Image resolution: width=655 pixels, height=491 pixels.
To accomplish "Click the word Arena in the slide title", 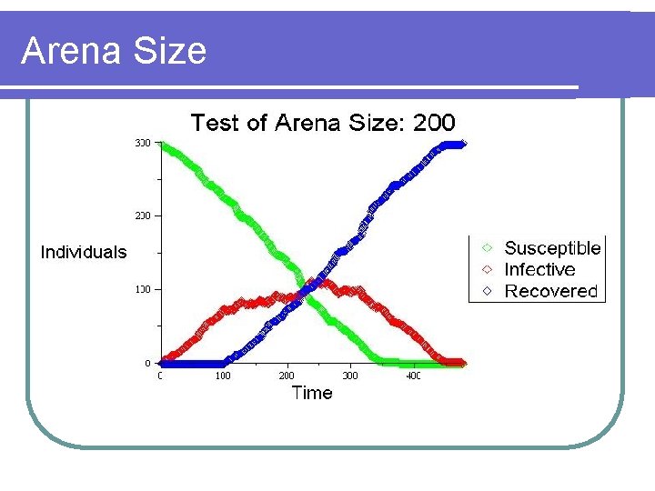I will click(x=73, y=51).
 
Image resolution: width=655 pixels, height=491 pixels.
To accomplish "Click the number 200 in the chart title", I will click(x=434, y=123).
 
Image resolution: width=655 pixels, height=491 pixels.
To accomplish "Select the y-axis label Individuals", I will click(x=84, y=253).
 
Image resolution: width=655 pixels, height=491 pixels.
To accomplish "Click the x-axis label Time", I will click(x=311, y=393).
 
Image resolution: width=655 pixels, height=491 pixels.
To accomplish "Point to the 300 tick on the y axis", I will click(x=143, y=143).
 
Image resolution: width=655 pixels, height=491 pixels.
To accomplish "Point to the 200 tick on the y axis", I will click(x=143, y=216).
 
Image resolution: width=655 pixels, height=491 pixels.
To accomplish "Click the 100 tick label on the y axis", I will click(x=143, y=289).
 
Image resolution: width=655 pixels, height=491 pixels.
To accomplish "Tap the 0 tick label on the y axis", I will click(x=148, y=363).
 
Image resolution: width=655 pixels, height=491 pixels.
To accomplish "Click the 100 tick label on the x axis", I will click(x=222, y=376).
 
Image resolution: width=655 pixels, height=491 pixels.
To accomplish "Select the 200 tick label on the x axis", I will click(x=286, y=376).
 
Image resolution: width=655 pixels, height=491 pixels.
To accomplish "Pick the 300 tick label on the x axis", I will click(x=349, y=376).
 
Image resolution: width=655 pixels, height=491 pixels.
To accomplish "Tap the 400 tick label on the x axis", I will click(x=412, y=376).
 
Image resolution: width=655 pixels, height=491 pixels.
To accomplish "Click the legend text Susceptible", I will click(x=552, y=248).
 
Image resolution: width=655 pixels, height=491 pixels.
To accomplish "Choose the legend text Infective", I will click(x=539, y=270).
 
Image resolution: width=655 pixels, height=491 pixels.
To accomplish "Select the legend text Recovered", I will click(x=550, y=292).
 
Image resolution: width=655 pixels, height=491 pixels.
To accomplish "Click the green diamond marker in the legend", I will click(x=488, y=247).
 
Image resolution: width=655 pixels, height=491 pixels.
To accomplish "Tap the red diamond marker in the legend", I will click(x=488, y=269).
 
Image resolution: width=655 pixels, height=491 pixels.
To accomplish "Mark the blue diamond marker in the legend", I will click(x=488, y=291).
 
